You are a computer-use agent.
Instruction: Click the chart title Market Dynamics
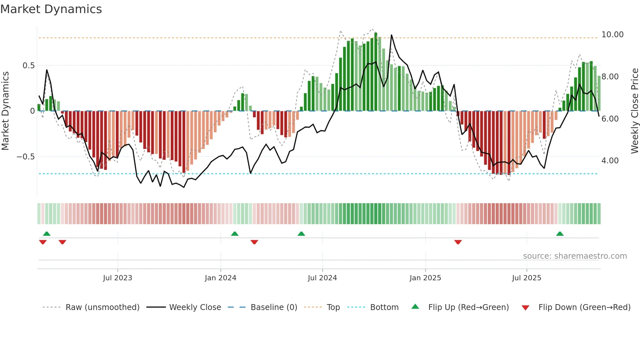(51, 9)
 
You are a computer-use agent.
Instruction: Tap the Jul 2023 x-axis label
(118, 278)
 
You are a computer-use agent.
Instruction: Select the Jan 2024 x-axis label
(220, 278)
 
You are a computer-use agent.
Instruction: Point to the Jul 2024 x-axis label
(322, 278)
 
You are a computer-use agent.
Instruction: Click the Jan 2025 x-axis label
(425, 278)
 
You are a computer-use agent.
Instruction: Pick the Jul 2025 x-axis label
(526, 278)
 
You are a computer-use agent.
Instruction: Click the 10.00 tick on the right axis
(612, 34)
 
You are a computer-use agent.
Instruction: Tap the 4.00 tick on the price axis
(610, 160)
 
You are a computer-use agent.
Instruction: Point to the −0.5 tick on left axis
(25, 156)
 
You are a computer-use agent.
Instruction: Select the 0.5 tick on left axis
(28, 65)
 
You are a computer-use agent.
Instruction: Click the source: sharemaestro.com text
(575, 256)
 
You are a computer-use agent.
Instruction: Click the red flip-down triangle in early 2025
(458, 242)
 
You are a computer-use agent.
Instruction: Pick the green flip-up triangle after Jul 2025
(560, 234)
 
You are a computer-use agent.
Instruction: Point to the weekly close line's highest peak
(392, 35)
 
